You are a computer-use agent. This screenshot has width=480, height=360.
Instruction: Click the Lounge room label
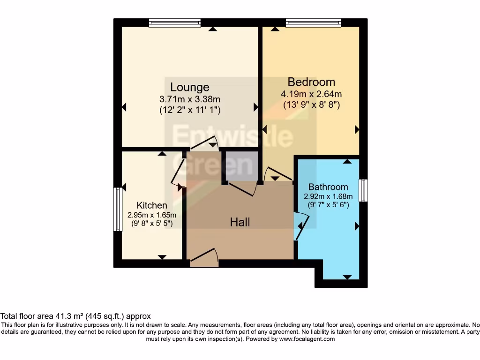pyautogui.click(x=189, y=87)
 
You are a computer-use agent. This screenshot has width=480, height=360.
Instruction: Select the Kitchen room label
pyautogui.click(x=151, y=205)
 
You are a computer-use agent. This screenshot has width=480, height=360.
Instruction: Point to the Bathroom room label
pyautogui.click(x=328, y=187)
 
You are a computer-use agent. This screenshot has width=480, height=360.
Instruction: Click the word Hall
pyautogui.click(x=240, y=222)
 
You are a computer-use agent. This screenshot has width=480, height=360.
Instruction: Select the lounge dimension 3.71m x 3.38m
pyautogui.click(x=189, y=99)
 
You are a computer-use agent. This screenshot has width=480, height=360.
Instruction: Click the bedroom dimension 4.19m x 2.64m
pyautogui.click(x=311, y=94)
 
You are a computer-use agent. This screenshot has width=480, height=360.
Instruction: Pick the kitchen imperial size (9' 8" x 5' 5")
pyautogui.click(x=151, y=224)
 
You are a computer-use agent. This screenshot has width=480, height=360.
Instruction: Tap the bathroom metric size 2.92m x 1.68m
pyautogui.click(x=328, y=196)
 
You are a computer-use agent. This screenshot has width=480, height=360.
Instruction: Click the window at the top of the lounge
pyautogui.click(x=175, y=22)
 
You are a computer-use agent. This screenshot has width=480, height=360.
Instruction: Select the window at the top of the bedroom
pyautogui.click(x=313, y=22)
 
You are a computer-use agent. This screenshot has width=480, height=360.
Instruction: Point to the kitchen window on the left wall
pyautogui.click(x=117, y=209)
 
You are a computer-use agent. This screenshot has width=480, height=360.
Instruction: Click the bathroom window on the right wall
pyautogui.click(x=363, y=191)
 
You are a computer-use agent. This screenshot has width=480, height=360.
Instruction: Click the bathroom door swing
pyautogui.click(x=300, y=226)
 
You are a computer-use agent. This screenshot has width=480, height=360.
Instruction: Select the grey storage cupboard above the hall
pyautogui.click(x=241, y=166)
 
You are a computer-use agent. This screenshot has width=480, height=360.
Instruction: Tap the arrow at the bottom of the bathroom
pyautogui.click(x=347, y=277)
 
